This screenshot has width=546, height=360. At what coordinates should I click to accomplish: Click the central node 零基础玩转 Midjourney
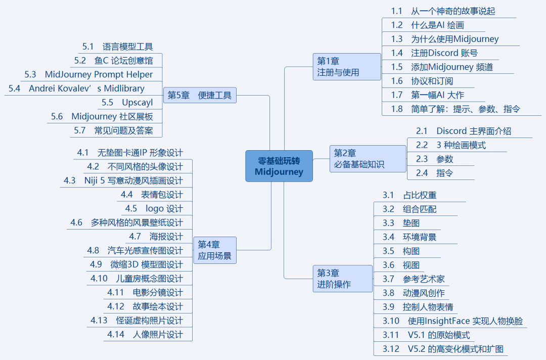coord(279,166)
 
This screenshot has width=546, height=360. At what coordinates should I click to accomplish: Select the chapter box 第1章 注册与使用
coord(347,66)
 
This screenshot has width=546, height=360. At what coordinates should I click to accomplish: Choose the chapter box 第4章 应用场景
coord(214,250)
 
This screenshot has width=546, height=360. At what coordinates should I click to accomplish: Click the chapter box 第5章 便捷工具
coord(200,95)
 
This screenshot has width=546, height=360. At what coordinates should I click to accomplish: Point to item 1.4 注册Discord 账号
coord(434,53)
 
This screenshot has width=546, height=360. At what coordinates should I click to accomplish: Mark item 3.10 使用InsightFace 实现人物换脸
coord(452,321)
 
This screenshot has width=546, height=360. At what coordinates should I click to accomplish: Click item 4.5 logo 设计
coord(154,208)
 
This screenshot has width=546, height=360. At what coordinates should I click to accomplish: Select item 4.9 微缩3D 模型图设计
coord(136,264)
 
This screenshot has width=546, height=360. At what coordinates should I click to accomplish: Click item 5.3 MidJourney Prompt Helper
coord(88,74)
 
